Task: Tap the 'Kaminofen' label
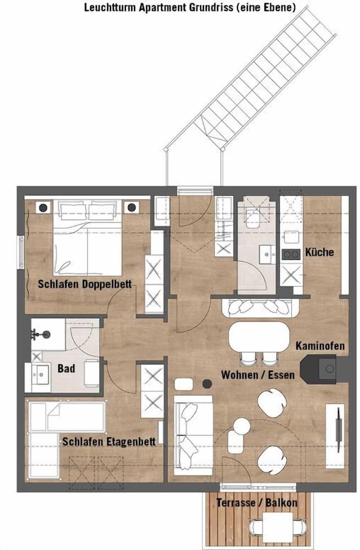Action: click(x=320, y=346)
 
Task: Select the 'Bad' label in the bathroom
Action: click(x=67, y=367)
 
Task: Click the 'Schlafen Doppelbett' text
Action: click(x=80, y=284)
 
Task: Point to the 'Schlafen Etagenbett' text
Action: click(x=108, y=441)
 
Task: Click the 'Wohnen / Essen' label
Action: click(x=257, y=375)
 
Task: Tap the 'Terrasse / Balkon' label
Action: click(x=257, y=503)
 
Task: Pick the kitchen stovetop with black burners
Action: click(x=290, y=254)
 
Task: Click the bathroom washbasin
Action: click(x=41, y=377)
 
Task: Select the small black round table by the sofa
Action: click(x=207, y=383)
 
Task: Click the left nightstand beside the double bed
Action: click(x=42, y=208)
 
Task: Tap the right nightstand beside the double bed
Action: click(x=132, y=207)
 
